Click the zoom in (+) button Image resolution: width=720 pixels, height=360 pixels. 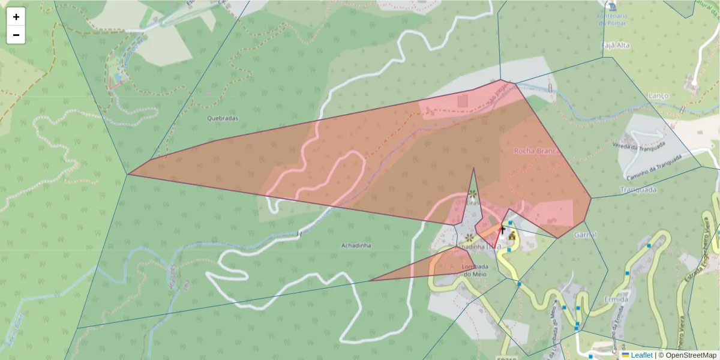coord(16,17)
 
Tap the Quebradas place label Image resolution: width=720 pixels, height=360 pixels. coord(223,118)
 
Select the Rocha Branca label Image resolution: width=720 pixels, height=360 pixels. coord(536,151)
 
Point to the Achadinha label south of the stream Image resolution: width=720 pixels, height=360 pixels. coord(356,245)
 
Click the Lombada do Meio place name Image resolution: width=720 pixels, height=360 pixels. coord(474,270)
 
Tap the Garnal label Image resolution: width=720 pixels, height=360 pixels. coord(585,234)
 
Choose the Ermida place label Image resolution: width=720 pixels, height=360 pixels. coord(616,299)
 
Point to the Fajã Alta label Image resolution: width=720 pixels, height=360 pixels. coord(616,46)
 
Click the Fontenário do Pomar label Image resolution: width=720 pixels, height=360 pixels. coord(613,19)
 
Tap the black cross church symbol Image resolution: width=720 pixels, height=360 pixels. coord(503,230)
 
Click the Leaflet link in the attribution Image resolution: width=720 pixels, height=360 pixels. coord(641,355)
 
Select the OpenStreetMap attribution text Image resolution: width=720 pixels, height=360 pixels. coord(691,355)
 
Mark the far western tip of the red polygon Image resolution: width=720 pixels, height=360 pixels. coord(128,175)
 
